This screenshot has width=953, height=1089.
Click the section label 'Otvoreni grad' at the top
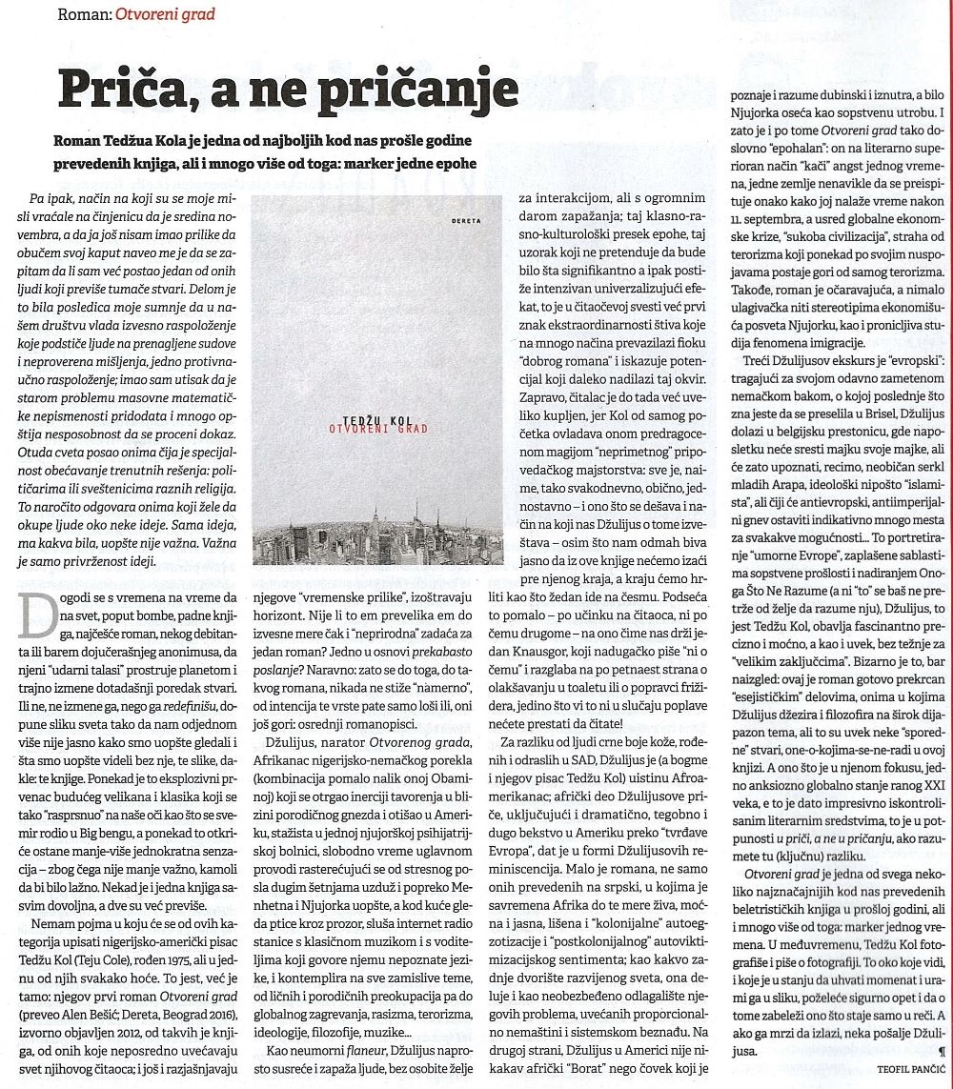173,14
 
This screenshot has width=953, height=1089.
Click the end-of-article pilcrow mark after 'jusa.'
942,1052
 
